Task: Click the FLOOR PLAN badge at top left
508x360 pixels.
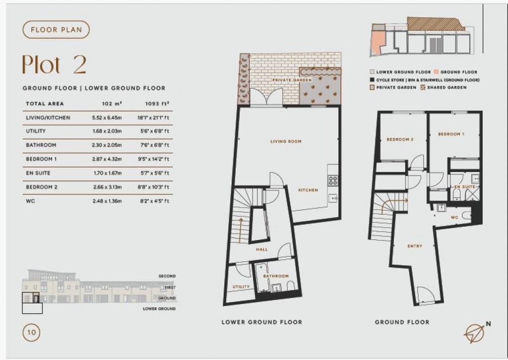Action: tap(56, 30)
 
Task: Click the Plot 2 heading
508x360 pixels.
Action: tap(54, 64)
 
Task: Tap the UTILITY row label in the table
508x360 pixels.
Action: tap(36, 131)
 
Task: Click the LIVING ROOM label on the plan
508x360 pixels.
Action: tap(286, 142)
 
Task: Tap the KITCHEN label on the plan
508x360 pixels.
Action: tap(308, 190)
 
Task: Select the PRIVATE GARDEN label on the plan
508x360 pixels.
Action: tap(292, 80)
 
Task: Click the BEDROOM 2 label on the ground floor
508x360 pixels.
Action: tap(400, 140)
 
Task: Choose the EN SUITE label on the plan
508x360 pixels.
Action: tap(465, 186)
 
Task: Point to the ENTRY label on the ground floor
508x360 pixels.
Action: tap(415, 246)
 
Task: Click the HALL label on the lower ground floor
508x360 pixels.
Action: tap(262, 249)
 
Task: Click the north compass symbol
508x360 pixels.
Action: tap(476, 332)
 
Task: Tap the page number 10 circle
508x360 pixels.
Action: tap(29, 332)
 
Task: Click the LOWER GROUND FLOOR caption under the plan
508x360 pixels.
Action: tap(261, 322)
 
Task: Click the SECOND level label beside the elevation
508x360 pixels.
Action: tap(167, 276)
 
